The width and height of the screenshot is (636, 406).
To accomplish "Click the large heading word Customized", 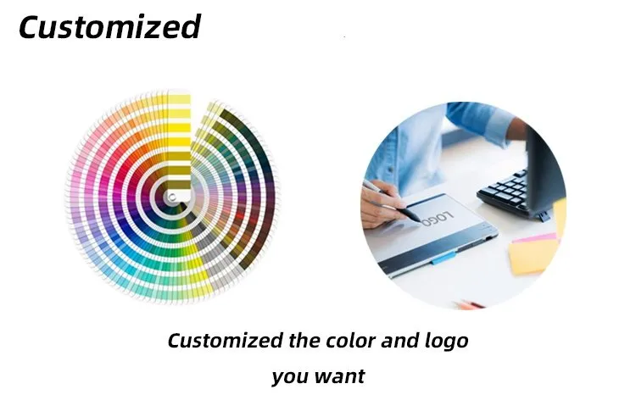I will click(109, 27).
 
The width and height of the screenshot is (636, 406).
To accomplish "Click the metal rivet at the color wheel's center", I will click(173, 197).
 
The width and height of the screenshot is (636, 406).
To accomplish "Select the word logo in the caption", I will click(446, 342).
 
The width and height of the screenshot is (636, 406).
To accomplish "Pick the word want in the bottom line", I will click(339, 375).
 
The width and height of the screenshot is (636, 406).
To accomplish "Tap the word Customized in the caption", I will click(224, 341).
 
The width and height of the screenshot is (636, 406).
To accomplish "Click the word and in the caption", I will click(399, 341).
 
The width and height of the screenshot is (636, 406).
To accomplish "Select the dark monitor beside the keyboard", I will click(543, 161).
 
